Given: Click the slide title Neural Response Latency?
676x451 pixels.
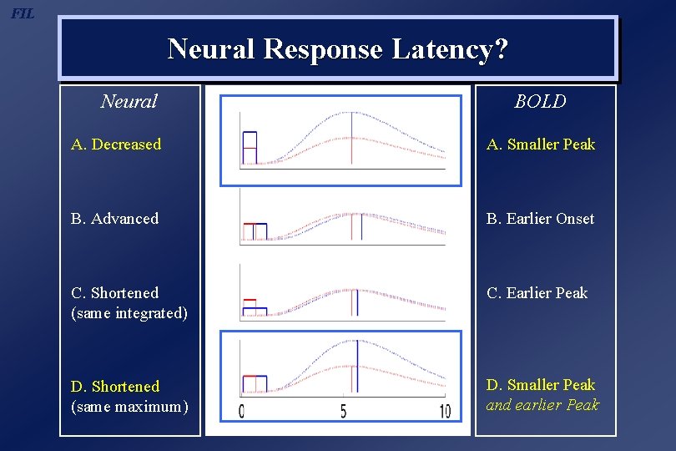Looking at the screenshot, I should click(337, 49).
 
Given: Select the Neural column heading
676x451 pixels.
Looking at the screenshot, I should click(129, 102).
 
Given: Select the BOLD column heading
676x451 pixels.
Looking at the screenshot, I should click(540, 102).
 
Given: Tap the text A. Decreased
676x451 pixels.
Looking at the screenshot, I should click(116, 144).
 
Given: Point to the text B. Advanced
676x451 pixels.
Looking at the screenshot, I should click(114, 219).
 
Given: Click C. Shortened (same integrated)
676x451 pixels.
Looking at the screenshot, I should click(129, 303).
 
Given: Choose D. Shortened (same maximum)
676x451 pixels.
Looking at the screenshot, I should click(129, 397).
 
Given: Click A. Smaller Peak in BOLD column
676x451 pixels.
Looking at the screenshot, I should click(541, 144).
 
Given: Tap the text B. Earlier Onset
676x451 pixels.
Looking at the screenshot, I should click(540, 219).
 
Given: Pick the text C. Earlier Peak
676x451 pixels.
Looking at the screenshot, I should click(537, 293).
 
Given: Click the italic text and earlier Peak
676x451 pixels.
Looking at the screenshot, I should click(542, 405).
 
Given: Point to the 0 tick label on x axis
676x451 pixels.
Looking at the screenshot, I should click(242, 412).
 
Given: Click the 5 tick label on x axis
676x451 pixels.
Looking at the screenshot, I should click(343, 412).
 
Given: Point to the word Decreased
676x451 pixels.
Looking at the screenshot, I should click(126, 144).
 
